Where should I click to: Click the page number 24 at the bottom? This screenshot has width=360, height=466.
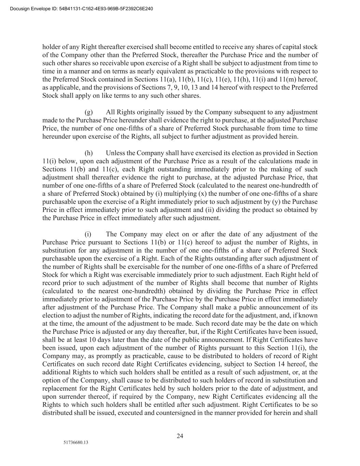(180, 436)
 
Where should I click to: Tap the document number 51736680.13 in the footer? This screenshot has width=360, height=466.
(76, 443)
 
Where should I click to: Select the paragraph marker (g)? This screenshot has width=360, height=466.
(89, 112)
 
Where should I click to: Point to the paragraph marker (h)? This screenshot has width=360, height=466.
(89, 153)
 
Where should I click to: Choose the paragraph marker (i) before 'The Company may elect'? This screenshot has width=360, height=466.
(88, 234)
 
